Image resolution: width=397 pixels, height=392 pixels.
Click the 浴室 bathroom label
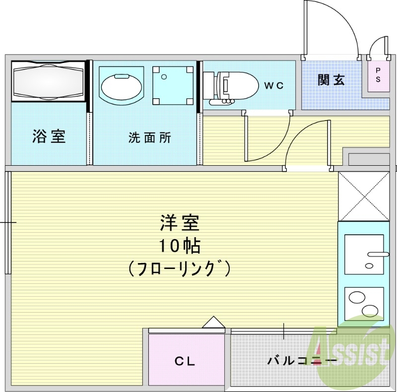pyautogui.click(x=49, y=136)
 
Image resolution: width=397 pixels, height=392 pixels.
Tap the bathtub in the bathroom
pyautogui.click(x=49, y=80)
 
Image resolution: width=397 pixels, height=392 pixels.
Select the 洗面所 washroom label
pyautogui.click(x=149, y=138)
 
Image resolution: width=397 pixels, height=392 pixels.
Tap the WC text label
pyautogui.click(x=273, y=85)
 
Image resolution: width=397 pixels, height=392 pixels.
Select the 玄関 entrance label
pyautogui.click(x=331, y=79)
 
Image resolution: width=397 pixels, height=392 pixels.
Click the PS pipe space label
pyautogui.click(x=378, y=74)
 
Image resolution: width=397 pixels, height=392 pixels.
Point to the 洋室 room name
pyautogui.click(x=179, y=223)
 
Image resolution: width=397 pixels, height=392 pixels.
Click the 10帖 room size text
pyautogui.click(x=179, y=246)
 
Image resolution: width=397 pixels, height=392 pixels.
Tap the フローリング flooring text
pyautogui.click(x=179, y=268)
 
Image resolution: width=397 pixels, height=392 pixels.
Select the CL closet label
pyautogui.click(x=185, y=361)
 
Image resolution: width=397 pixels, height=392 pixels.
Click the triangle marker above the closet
pyautogui.click(x=214, y=323)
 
